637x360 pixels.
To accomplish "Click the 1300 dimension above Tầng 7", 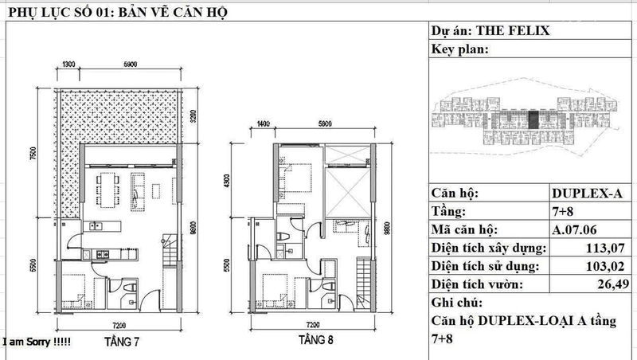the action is pos(68,64).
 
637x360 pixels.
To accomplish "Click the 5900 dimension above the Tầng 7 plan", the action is pos(130,64).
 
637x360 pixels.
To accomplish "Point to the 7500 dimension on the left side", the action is pos(33,153).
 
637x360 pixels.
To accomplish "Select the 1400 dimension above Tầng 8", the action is pos(263,123).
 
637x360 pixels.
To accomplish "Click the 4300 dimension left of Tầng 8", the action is pos(227,182).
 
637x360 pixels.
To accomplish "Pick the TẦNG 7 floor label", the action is pos(122,342).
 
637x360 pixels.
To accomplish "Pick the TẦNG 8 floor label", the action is pos(315,339).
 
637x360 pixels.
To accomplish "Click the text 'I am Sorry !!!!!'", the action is pos(37,342).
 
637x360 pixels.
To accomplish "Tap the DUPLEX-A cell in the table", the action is pos(587,193).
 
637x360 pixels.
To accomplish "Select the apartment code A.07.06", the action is pos(574,230).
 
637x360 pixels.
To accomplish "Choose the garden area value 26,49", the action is pos(613,284).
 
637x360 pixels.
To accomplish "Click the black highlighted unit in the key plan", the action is pos(533,120).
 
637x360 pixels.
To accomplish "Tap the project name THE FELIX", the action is pos(513,31).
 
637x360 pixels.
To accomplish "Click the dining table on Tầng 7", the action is pos(108,190).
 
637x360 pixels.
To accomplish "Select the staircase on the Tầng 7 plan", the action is pos(170,250).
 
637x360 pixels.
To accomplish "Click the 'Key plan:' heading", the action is pos(460,49).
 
